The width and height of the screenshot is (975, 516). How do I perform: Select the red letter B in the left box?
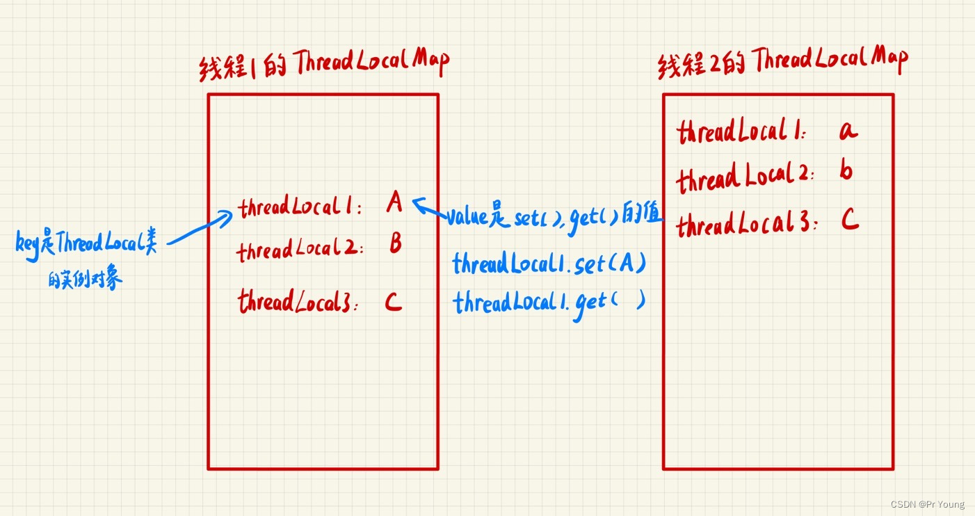395,244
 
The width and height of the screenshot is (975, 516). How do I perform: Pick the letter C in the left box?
393,303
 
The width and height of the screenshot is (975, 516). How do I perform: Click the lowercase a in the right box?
848,131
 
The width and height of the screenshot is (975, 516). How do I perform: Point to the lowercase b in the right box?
846,171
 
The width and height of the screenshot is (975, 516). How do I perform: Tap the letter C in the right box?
849,221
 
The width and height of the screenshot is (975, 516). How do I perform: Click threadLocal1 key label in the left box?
300,207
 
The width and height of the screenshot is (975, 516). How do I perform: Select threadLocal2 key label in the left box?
300,250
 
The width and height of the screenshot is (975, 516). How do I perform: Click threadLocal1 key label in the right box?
741,132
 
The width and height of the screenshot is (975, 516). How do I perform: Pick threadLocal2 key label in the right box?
745,177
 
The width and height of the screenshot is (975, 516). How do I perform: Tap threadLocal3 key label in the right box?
747,225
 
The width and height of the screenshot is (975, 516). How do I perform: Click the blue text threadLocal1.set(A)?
549,264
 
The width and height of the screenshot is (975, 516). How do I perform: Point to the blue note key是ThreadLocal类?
86,243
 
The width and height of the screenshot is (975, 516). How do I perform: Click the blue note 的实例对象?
85,280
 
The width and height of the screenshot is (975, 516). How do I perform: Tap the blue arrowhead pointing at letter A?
417,203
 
